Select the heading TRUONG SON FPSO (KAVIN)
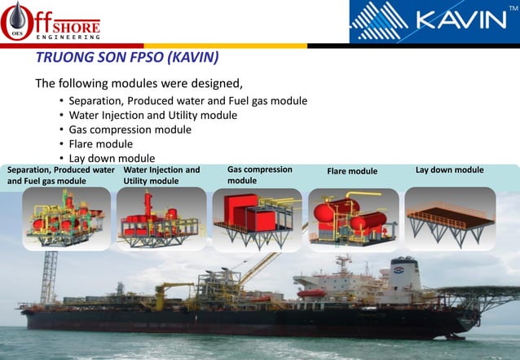point(127,59)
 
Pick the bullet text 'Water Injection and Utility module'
point(153,115)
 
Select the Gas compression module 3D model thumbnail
point(255,217)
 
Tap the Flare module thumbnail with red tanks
point(353,217)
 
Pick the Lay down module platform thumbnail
point(449,217)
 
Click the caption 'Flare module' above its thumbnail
point(352,172)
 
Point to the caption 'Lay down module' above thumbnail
point(449,170)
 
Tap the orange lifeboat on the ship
point(311,292)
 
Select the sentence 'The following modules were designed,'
point(139,84)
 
